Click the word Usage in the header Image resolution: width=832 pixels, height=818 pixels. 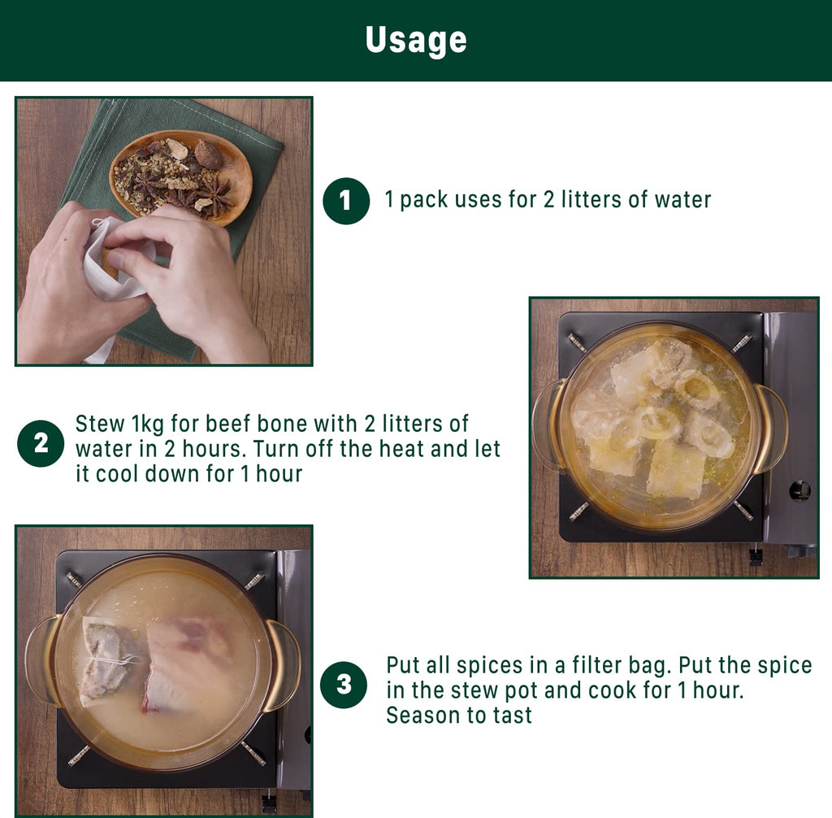pyautogui.click(x=416, y=41)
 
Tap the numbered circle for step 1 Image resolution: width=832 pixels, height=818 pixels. pyautogui.click(x=346, y=201)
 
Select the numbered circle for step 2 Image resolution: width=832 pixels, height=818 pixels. pyautogui.click(x=41, y=443)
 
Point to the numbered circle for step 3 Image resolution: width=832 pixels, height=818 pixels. pyautogui.click(x=344, y=685)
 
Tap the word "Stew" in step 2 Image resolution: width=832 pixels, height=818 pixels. pyautogui.click(x=100, y=424)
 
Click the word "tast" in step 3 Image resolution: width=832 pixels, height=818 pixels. pyautogui.click(x=512, y=715)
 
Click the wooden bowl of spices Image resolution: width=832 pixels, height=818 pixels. pyautogui.click(x=181, y=175)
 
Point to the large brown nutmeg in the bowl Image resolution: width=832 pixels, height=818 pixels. pyautogui.click(x=209, y=154)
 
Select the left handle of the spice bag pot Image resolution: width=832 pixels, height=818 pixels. pyautogui.click(x=42, y=659)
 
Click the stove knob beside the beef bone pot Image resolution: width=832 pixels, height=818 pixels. pyautogui.click(x=799, y=490)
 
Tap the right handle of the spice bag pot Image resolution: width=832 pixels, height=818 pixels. pyautogui.click(x=283, y=665)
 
